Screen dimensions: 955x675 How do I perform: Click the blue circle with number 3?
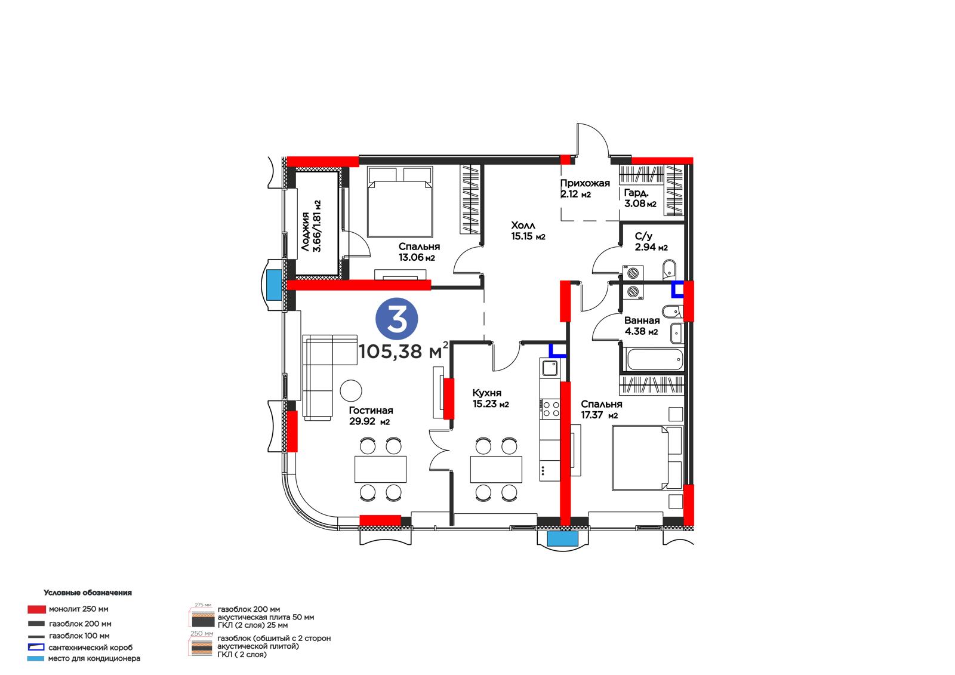pos(396,319)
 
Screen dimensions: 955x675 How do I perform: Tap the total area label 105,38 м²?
pos(403,351)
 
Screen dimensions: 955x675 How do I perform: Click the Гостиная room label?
pos(371,410)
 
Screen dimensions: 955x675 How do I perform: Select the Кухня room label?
pos(487,393)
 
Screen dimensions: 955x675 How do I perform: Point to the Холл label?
pos(523,225)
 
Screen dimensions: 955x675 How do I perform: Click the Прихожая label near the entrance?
pos(585,183)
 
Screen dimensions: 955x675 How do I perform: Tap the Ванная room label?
pos(642,320)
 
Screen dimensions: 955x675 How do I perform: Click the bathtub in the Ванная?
pos(654,359)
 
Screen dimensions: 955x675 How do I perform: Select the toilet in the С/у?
pos(669,268)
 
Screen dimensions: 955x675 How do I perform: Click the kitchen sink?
pos(550,368)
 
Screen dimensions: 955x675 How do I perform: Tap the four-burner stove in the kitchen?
pos(550,408)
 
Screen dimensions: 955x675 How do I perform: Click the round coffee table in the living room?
pos(351,390)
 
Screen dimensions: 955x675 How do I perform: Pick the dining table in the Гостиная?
pos(380,469)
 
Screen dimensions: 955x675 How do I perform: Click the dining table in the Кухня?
pos(496,469)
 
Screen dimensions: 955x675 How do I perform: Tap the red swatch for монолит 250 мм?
pos(36,609)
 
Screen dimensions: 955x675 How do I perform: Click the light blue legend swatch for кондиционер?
pos(36,658)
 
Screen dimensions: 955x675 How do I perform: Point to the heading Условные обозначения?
pos(87,593)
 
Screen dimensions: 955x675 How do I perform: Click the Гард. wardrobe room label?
pos(636,193)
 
